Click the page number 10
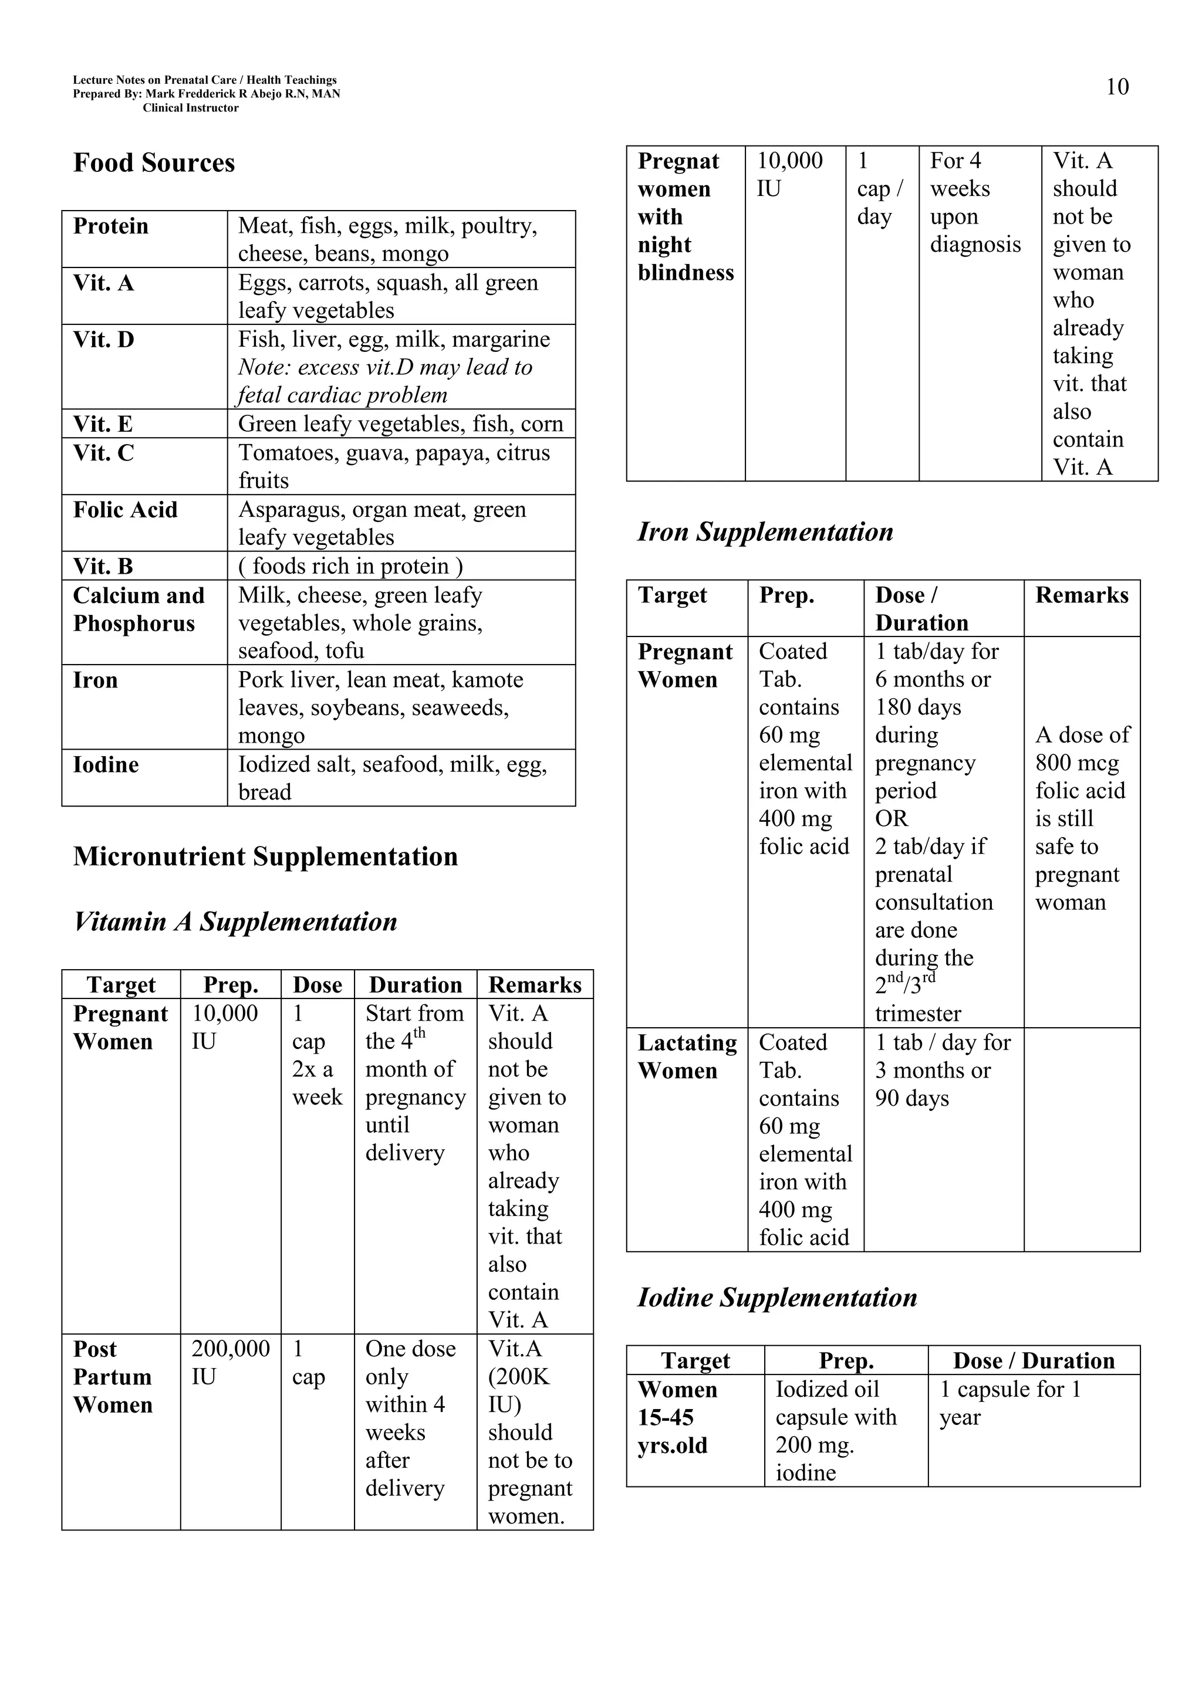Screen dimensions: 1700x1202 tap(1116, 87)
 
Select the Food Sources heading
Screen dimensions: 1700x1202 tap(154, 163)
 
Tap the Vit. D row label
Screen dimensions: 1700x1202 tap(104, 340)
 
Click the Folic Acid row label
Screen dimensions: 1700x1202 tap(125, 510)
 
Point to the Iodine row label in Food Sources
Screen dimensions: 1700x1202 tap(106, 765)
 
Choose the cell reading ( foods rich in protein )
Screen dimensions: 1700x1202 tap(350, 567)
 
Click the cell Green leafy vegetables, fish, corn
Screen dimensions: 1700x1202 tap(400, 424)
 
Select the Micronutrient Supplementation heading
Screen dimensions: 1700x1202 tap(265, 856)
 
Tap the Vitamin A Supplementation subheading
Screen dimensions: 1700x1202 tap(235, 922)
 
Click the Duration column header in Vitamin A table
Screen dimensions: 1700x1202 tap(416, 985)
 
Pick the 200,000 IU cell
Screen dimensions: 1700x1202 tap(230, 1362)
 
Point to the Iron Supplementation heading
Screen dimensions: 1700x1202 tap(765, 531)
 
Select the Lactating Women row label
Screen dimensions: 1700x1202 tap(687, 1056)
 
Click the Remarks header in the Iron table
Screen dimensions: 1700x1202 tap(1081, 595)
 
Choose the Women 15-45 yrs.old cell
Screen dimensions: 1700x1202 tap(677, 1417)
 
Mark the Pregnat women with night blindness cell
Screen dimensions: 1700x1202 tap(684, 217)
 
